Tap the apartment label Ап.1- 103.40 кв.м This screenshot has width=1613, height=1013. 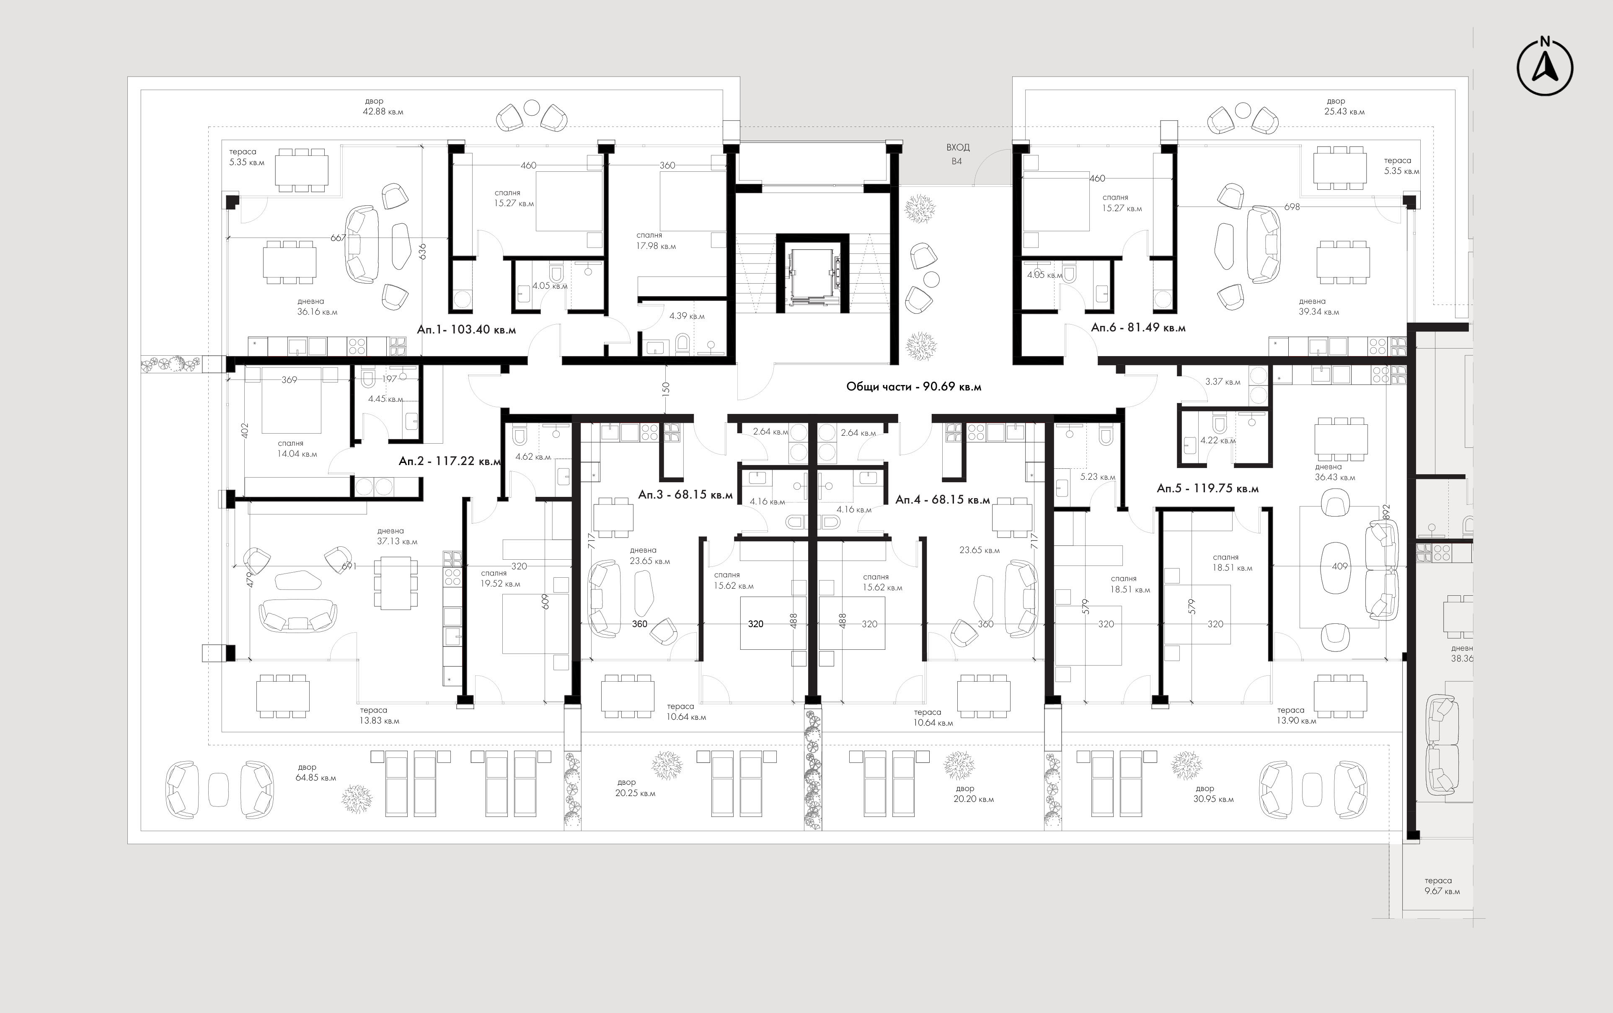(466, 330)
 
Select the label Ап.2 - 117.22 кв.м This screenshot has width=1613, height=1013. (450, 461)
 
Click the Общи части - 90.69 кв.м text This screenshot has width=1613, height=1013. (914, 387)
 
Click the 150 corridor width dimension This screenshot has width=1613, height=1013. (666, 389)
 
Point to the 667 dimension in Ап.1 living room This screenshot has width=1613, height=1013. (338, 238)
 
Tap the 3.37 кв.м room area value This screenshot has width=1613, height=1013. (1223, 382)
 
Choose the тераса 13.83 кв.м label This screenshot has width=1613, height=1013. (379, 716)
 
